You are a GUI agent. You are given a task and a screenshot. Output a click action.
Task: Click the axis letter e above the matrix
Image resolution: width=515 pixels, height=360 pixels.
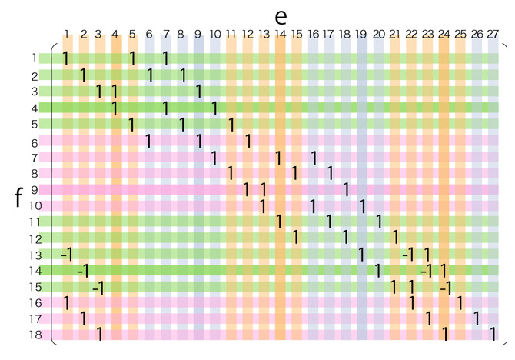click(281, 15)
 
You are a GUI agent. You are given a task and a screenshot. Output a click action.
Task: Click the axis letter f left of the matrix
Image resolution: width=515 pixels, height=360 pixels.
click(18, 198)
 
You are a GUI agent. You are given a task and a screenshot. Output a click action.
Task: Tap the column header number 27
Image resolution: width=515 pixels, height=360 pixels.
click(493, 34)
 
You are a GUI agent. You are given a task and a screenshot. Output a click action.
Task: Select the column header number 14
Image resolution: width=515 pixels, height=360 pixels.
click(280, 34)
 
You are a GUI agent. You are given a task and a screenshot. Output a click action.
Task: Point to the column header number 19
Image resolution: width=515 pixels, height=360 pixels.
click(362, 34)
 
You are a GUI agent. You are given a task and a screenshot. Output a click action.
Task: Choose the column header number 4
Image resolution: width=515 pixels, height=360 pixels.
click(115, 34)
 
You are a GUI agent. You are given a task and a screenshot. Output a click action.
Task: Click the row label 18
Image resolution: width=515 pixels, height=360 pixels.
click(35, 335)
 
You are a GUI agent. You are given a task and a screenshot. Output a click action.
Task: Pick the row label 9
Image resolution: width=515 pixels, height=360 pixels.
click(35, 190)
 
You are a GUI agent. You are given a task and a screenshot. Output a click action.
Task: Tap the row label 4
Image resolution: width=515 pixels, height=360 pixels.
click(35, 108)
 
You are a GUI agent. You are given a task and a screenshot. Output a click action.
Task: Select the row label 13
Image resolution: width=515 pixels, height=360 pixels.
click(35, 255)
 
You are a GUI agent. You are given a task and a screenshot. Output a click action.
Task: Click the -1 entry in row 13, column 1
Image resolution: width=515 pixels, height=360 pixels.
click(66, 254)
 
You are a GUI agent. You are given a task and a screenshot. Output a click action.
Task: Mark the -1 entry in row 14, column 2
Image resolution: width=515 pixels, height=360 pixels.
click(82, 270)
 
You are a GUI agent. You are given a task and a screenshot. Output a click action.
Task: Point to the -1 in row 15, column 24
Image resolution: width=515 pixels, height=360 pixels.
click(444, 287)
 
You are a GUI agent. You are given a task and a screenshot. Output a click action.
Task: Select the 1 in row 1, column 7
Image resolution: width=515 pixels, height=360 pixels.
click(165, 58)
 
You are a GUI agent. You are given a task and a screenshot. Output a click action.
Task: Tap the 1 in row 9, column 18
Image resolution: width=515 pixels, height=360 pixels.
click(346, 189)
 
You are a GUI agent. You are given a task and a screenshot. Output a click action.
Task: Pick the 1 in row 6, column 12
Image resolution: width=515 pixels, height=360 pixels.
click(248, 141)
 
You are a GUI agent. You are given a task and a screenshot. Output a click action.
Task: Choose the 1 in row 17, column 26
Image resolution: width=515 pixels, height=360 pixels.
click(477, 318)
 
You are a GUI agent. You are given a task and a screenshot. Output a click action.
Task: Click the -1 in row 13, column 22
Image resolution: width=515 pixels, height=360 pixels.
click(408, 254)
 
